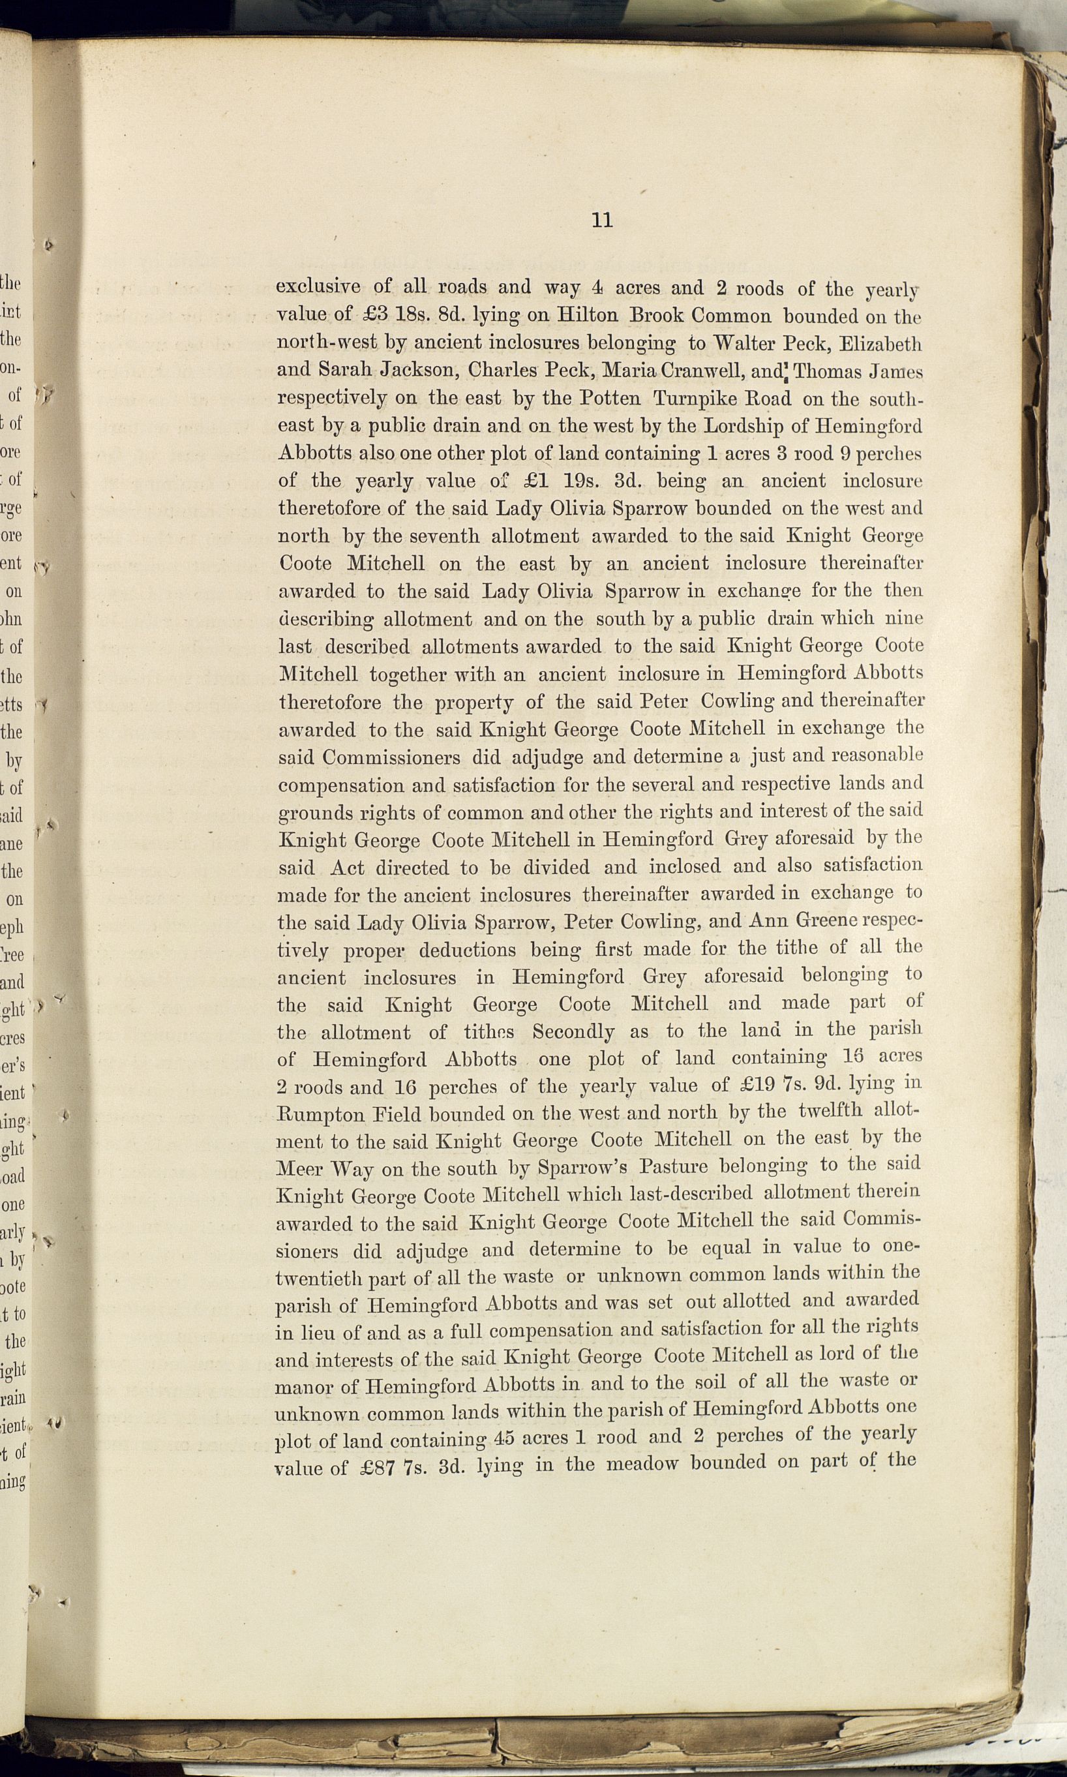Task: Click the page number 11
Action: click(602, 220)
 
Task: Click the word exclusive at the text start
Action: click(318, 286)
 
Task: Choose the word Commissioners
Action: click(391, 758)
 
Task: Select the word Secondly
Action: click(573, 1032)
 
